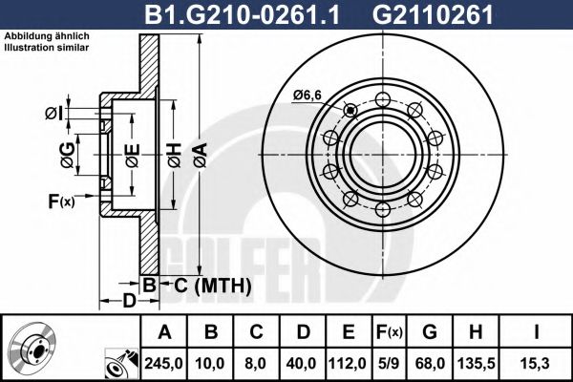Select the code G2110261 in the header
(x=407, y=14)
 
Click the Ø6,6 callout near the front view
(x=307, y=94)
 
